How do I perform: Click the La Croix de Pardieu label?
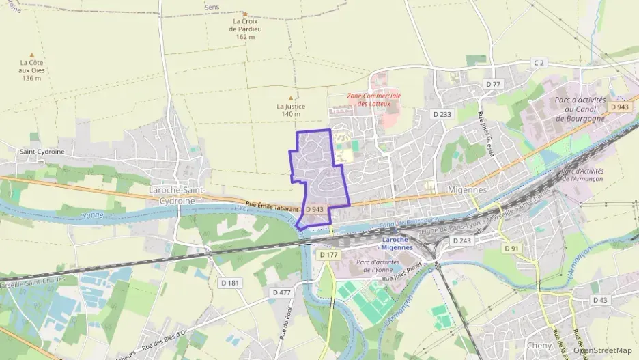click(x=245, y=29)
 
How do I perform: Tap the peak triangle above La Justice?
click(x=291, y=98)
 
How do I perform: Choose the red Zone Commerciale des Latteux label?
click(x=373, y=100)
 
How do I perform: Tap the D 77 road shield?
click(x=493, y=84)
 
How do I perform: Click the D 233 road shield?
click(x=442, y=114)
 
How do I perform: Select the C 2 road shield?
click(x=539, y=63)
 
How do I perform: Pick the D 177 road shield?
click(x=329, y=254)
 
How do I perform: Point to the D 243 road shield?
click(x=461, y=240)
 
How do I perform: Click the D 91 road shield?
click(x=511, y=248)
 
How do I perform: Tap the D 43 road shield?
click(x=600, y=300)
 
